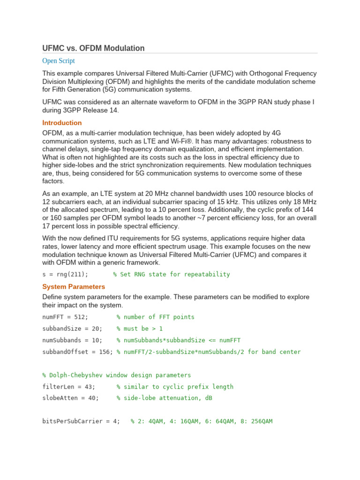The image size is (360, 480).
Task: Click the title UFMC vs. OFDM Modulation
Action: [x=93, y=48]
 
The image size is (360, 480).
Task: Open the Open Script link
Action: [x=58, y=61]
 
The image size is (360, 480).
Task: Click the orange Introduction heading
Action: [x=62, y=123]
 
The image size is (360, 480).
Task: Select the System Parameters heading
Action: [x=74, y=286]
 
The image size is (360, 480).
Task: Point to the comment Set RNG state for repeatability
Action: [x=172, y=274]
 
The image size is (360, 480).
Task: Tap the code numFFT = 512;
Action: [x=65, y=317]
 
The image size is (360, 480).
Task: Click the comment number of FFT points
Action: [x=156, y=317]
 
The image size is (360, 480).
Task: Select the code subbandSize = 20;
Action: [x=72, y=329]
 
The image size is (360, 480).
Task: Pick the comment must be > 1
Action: [x=140, y=329]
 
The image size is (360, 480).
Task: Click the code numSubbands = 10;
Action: [x=72, y=340]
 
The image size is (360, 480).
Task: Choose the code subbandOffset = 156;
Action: [x=77, y=352]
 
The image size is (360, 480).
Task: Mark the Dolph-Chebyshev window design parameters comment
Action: [x=117, y=375]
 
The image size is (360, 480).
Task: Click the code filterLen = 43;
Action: [x=68, y=387]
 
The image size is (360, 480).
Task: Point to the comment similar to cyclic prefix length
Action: [x=175, y=387]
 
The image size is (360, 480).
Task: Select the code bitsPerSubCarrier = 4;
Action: [x=81, y=421]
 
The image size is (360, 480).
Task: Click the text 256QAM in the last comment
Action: [x=260, y=421]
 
